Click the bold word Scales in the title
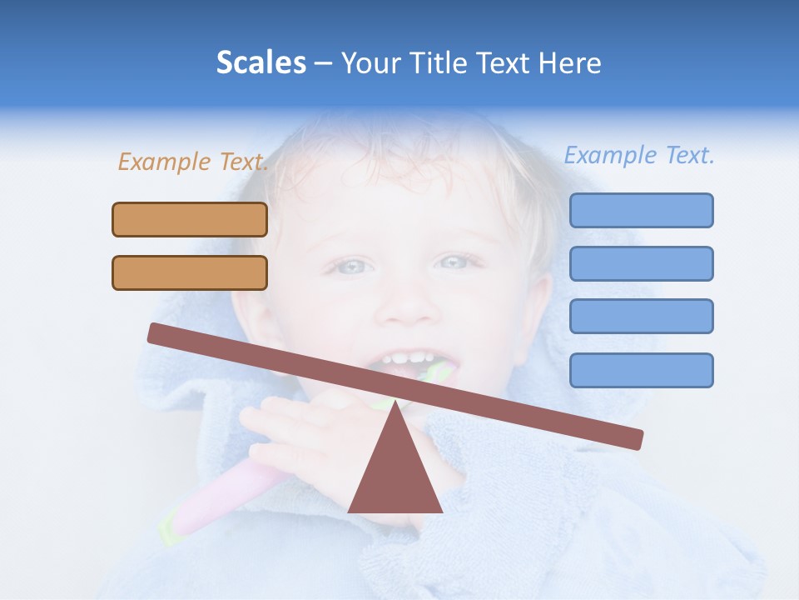261,63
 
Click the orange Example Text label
192,162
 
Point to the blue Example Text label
639,155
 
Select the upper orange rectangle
190,219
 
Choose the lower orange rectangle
190,272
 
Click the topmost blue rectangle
641,210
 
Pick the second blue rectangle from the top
641,263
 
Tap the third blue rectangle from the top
641,316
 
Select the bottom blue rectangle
641,370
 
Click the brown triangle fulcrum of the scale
395,475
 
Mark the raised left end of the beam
155,332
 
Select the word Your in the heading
370,63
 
